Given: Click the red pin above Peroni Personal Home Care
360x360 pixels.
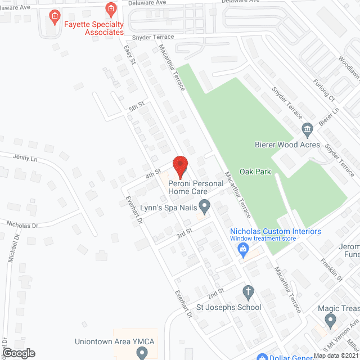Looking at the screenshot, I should point(179,165).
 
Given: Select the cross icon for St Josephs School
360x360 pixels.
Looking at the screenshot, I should point(247,291).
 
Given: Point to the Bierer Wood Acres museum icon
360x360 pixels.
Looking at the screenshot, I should point(307,130).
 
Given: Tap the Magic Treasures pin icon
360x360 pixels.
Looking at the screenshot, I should point(330,321).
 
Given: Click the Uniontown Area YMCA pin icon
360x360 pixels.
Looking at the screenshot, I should point(142,353).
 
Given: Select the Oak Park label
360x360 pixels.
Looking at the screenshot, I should point(255,172).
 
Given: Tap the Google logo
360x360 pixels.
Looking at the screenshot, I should point(18,353).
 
